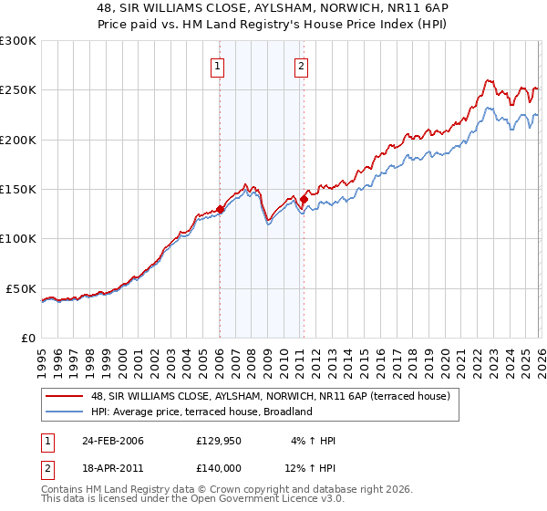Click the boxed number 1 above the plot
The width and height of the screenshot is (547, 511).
(219, 65)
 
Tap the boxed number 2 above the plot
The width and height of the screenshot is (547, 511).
(301, 65)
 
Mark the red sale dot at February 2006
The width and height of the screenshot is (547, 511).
(221, 209)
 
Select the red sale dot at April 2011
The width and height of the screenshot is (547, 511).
(304, 199)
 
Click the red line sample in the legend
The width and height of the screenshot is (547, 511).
(65, 397)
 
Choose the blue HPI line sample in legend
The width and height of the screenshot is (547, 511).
(65, 412)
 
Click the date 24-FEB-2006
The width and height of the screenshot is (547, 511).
(113, 441)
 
